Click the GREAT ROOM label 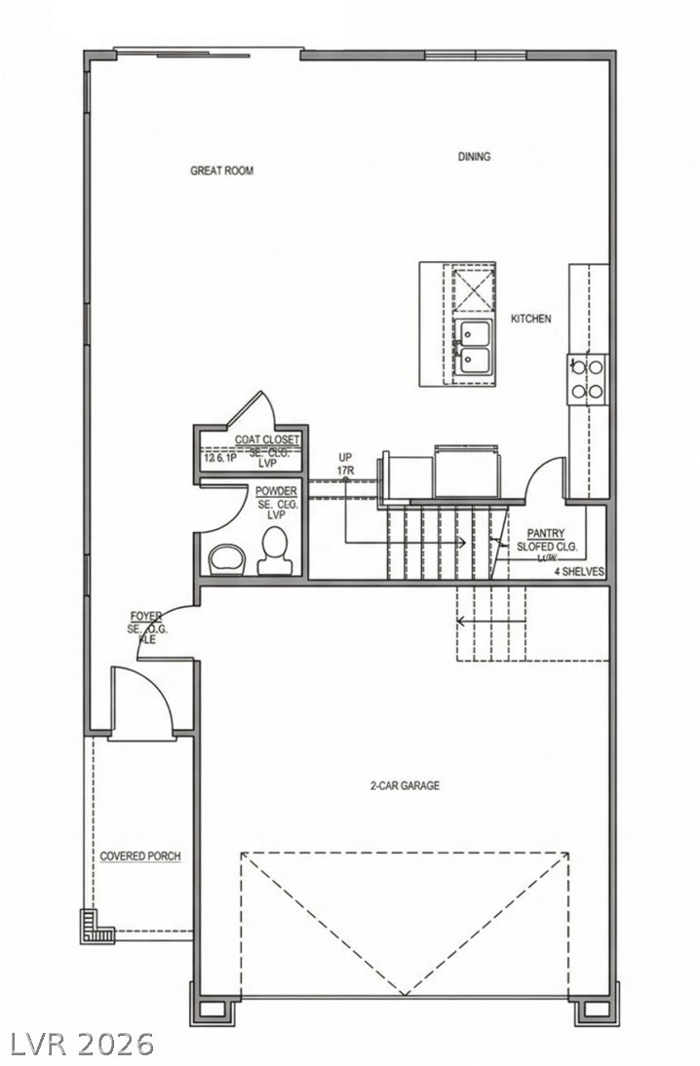(221, 171)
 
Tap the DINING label (475, 157)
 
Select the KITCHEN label (531, 319)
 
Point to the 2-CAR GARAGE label (404, 785)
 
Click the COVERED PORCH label (140, 857)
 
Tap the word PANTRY (547, 533)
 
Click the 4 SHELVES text (580, 571)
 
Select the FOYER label (147, 617)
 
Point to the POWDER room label (277, 492)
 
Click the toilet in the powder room (274, 550)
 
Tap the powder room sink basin (227, 558)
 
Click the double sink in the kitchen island (475, 348)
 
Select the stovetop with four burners (587, 378)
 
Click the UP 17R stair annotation (345, 463)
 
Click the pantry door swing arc (539, 473)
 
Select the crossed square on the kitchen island (474, 290)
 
